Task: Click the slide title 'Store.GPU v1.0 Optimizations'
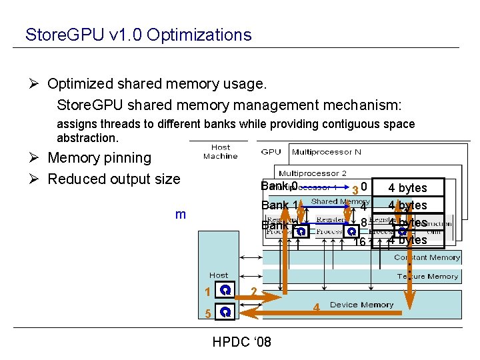tap(138, 35)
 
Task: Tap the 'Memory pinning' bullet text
tap(99, 158)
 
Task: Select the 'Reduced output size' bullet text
tap(114, 179)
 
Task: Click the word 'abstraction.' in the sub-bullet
tap(87, 138)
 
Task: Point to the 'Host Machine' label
tap(220, 152)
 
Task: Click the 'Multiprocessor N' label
tap(326, 152)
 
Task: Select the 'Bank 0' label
tap(279, 186)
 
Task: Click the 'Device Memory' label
tap(361, 305)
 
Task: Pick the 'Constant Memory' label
tap(427, 257)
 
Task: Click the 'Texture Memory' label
tap(427, 276)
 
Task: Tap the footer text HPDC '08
tap(241, 342)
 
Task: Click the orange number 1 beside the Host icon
tap(208, 292)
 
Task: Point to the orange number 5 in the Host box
tap(208, 313)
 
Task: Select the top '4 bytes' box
tap(407, 188)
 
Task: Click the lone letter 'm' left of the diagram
tap(180, 214)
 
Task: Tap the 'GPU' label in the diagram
tap(271, 152)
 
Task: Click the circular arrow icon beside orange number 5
tap(227, 312)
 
